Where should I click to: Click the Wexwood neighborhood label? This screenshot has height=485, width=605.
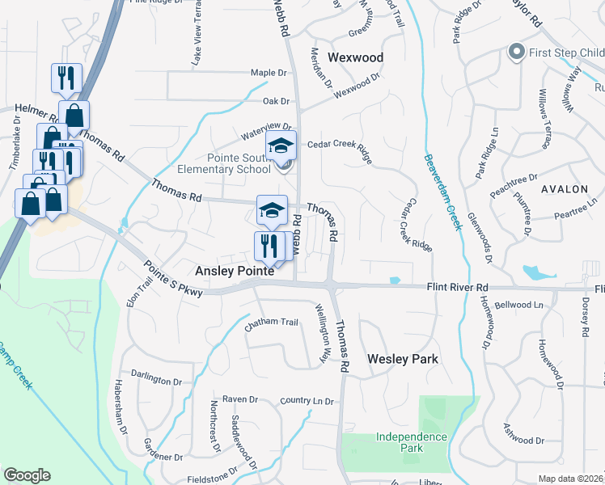pos(355,57)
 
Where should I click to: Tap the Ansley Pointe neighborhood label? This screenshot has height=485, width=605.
pos(233,273)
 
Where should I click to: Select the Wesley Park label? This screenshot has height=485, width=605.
pos(403,359)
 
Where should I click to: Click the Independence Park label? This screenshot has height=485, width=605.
pos(412,442)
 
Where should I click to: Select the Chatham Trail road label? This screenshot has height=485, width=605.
pos(272,322)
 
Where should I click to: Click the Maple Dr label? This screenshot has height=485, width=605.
pos(269,73)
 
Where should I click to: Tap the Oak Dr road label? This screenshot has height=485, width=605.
pos(276,101)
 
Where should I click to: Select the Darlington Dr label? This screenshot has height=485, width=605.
pos(156,380)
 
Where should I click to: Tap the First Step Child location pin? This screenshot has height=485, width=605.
pos(516,53)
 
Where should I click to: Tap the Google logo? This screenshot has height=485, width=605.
pos(27,475)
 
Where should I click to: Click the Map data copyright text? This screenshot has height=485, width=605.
pos(570,479)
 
